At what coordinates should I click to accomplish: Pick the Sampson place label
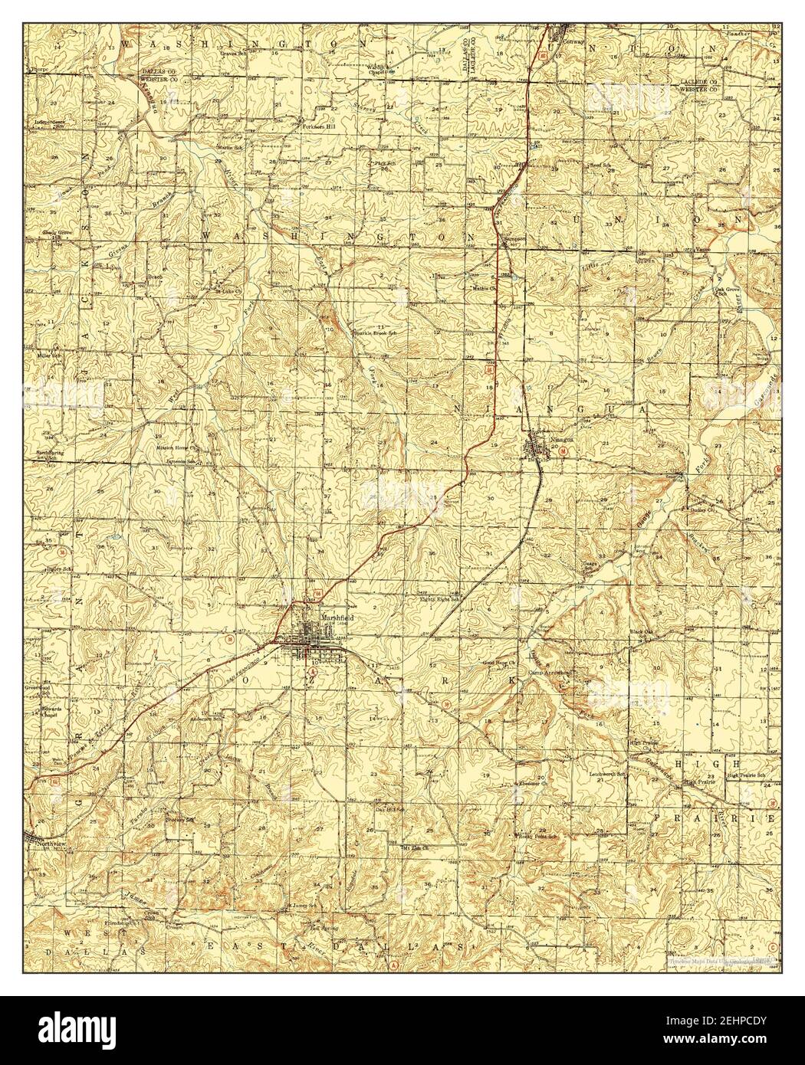513,238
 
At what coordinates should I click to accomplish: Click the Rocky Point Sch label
535,836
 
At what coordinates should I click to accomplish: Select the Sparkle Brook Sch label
374,333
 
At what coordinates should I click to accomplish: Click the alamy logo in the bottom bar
92,1031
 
